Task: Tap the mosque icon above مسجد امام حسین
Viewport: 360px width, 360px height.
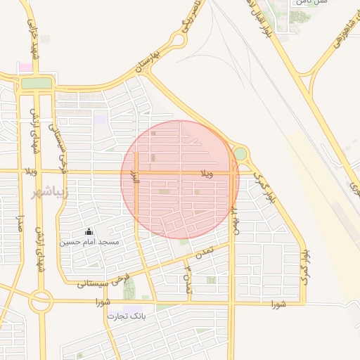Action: [89, 231]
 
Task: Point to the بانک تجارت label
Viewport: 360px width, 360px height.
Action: [127, 316]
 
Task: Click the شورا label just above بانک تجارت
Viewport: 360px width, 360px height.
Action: [104, 302]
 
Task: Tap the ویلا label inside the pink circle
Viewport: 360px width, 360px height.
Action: [207, 172]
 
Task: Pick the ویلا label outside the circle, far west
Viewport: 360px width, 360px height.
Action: [29, 171]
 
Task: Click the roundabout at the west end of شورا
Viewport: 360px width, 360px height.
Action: [40, 302]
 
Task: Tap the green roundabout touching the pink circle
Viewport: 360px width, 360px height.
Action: [240, 153]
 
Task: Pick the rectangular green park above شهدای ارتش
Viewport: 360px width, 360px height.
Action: [37, 83]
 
